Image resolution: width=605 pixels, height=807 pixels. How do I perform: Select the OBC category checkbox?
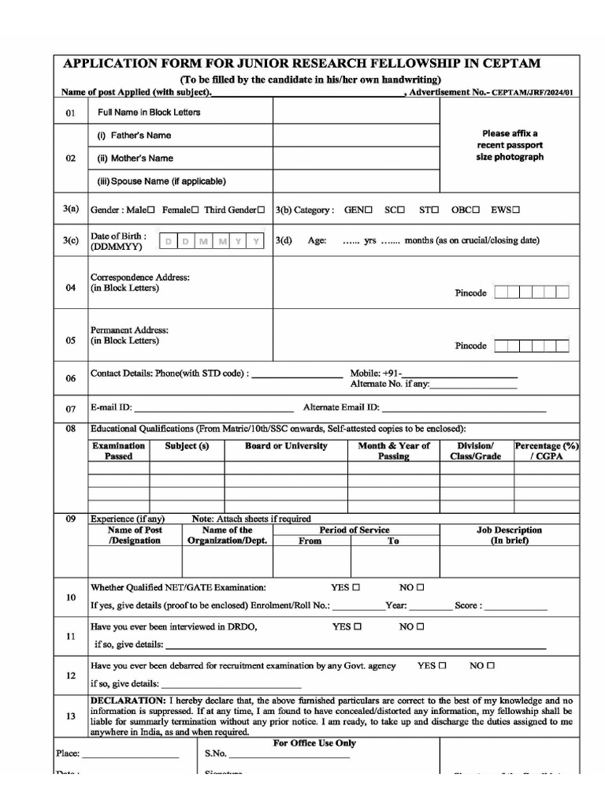477,210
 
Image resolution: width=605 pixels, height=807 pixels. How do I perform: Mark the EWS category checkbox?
517,210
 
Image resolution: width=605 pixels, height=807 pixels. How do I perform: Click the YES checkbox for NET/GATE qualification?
356,587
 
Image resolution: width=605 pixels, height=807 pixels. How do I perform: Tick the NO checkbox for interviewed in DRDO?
420,627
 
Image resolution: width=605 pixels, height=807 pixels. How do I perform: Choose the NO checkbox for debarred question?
491,665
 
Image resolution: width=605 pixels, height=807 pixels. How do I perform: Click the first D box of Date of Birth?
167,242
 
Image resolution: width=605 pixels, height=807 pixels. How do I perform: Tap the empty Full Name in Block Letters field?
356,112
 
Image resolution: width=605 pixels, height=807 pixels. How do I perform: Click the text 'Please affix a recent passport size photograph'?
510,145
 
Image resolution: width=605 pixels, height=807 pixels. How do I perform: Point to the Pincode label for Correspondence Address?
471,293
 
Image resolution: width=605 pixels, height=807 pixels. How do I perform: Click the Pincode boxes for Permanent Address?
532,345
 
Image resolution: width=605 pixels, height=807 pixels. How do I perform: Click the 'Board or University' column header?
286,446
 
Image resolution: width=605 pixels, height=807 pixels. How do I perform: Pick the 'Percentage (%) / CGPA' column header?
547,451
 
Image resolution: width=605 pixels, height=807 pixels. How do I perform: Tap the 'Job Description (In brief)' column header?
509,535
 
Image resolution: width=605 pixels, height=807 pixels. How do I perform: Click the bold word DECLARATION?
128,701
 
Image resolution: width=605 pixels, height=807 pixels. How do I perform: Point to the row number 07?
71,409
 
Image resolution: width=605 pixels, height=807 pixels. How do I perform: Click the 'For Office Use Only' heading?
314,743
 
